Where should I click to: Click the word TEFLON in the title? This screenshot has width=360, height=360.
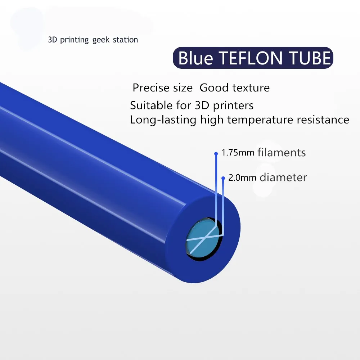coord(251,58)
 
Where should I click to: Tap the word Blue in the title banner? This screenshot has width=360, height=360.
coord(195,58)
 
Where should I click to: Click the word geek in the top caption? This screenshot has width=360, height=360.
coord(101,40)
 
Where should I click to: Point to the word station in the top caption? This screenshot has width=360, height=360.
coord(125,40)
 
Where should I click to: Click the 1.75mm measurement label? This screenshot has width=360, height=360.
coord(238,153)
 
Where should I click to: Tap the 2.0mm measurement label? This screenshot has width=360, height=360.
coord(242,178)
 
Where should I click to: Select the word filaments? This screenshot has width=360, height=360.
coord(282,152)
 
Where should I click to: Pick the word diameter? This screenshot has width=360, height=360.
coord(283,177)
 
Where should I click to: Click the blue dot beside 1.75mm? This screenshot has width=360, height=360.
coord(216,153)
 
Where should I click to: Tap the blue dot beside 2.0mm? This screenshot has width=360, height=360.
coord(223,178)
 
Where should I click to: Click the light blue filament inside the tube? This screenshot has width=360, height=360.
coord(202,238)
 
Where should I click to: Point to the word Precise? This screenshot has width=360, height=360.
coord(163,88)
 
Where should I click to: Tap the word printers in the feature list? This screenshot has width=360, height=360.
coord(233,105)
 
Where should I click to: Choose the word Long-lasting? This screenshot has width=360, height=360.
coord(163,120)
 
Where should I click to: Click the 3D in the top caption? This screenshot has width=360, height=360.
coord(52,40)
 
